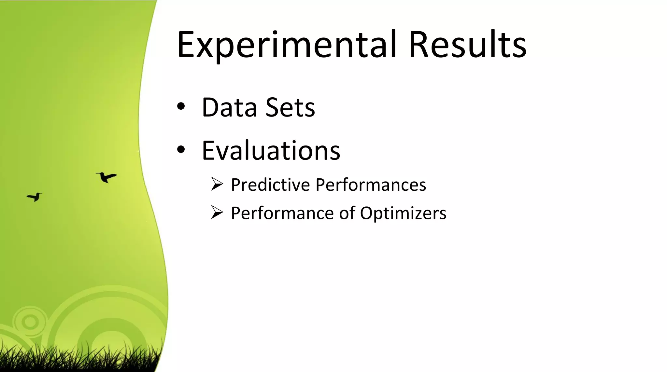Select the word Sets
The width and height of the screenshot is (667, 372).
pyautogui.click(x=290, y=107)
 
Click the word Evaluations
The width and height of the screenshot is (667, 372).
pyautogui.click(x=271, y=151)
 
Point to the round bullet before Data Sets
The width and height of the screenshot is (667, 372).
pyautogui.click(x=181, y=106)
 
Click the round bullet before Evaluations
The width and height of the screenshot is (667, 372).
pyautogui.click(x=181, y=150)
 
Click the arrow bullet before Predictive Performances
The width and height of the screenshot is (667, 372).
pyautogui.click(x=217, y=184)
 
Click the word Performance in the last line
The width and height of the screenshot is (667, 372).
pyautogui.click(x=282, y=213)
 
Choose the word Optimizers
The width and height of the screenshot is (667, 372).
pyautogui.click(x=403, y=213)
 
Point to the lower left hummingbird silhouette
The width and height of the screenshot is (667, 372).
pyautogui.click(x=35, y=197)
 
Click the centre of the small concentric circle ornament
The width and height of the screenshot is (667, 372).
pyautogui.click(x=30, y=322)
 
